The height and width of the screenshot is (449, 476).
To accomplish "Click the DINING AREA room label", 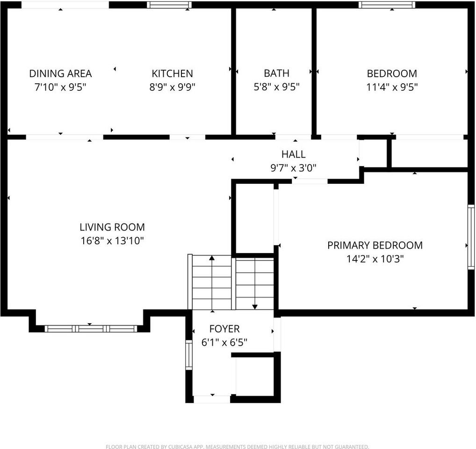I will (x=60, y=73).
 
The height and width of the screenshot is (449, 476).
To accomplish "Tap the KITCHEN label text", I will (x=172, y=73).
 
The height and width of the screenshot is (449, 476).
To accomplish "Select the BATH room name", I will (x=276, y=73).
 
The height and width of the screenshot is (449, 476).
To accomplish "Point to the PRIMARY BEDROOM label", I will (x=375, y=245).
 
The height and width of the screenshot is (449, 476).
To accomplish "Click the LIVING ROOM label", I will (x=112, y=227).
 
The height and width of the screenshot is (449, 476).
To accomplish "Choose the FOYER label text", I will (x=224, y=329).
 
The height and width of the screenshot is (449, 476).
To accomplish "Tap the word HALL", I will (x=293, y=154).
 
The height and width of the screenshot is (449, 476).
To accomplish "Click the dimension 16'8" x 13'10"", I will (x=112, y=241).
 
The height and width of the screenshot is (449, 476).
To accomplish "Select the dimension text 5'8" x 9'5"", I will (x=276, y=87).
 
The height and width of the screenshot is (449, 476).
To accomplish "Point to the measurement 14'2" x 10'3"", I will (x=375, y=259).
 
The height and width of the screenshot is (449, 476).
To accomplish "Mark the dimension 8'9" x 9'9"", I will (x=172, y=87).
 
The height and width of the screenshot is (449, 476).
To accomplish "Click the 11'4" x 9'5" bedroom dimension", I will (x=392, y=87).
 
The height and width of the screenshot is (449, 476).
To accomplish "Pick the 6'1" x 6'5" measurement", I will (x=224, y=342).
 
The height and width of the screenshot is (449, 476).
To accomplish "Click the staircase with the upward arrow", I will (x=212, y=282).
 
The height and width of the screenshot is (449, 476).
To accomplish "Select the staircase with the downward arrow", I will (x=254, y=282).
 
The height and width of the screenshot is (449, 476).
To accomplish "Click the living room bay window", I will (x=91, y=328).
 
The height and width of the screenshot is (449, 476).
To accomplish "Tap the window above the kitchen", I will (x=169, y=5).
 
